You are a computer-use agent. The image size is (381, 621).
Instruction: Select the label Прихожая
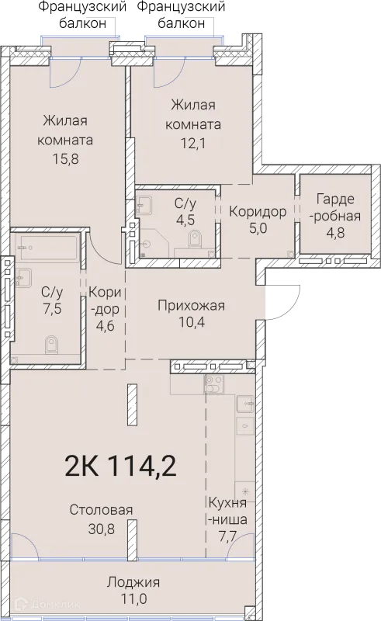coord(191,305)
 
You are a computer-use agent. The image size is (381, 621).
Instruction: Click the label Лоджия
coord(133,582)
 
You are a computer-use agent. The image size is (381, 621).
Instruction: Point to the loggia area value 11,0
coord(133,599)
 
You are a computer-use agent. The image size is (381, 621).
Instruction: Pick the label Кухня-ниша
coord(227,510)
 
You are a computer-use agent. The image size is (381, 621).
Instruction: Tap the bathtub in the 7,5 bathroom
coord(48,248)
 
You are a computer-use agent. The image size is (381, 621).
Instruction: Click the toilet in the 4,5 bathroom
coord(195,245)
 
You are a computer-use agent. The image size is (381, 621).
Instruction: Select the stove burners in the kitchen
coord(213,382)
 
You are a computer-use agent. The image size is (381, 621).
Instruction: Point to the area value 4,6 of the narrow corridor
coord(102,326)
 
